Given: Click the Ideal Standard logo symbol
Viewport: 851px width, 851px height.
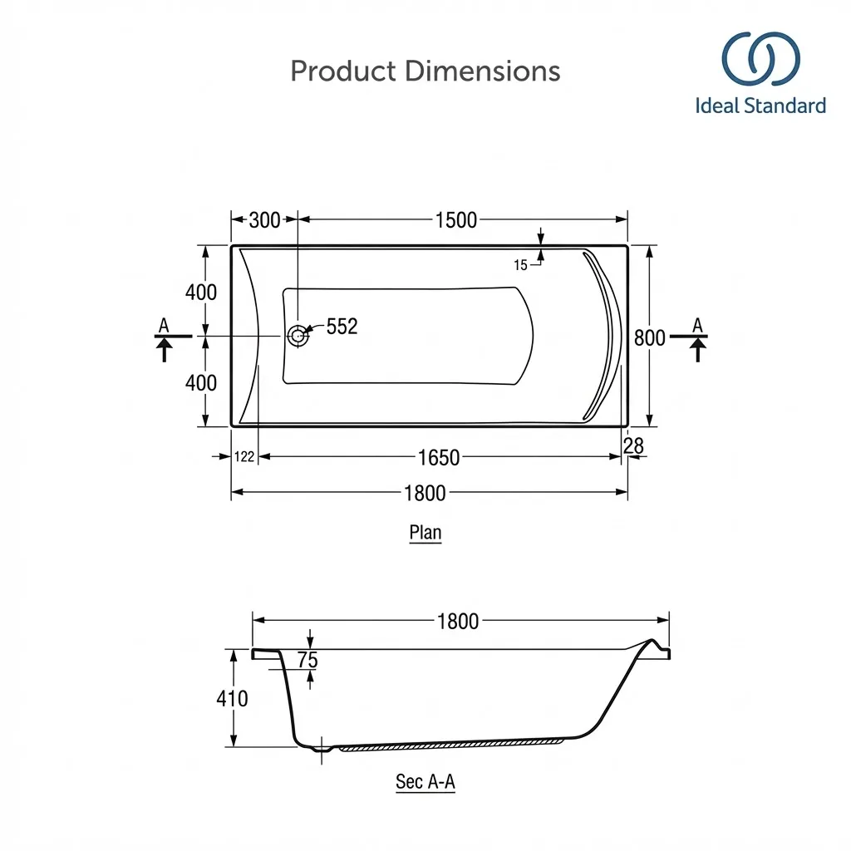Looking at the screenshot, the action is pyautogui.click(x=760, y=59).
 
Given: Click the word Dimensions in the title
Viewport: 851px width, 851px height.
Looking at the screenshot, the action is pyautogui.click(x=483, y=71).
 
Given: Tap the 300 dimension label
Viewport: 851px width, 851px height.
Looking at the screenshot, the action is pyautogui.click(x=264, y=219).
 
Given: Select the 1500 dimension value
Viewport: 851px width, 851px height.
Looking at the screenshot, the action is pyautogui.click(x=456, y=219).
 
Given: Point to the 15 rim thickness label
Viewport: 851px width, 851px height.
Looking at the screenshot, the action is pyautogui.click(x=520, y=265).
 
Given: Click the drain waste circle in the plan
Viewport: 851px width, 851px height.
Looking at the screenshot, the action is pyautogui.click(x=298, y=336).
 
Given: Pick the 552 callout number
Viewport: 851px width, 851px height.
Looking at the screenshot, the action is pyautogui.click(x=342, y=326).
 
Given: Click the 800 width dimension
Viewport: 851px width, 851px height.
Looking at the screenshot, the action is pyautogui.click(x=650, y=337).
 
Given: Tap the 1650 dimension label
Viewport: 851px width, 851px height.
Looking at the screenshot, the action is pyautogui.click(x=439, y=458).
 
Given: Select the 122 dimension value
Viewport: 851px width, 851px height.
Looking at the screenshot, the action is pyautogui.click(x=244, y=456).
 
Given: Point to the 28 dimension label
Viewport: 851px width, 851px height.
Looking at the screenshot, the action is pyautogui.click(x=633, y=445).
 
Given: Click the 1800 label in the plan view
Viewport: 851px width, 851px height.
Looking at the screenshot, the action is pyautogui.click(x=425, y=493).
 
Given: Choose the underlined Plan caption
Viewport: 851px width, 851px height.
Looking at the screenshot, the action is pyautogui.click(x=425, y=533).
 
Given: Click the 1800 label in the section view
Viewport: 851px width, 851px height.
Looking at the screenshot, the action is pyautogui.click(x=458, y=621).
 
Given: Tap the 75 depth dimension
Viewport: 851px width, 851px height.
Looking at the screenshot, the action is pyautogui.click(x=307, y=659).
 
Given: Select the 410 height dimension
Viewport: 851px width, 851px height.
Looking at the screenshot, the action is pyautogui.click(x=233, y=698).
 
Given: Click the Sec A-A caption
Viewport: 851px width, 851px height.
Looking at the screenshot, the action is pyautogui.click(x=425, y=782).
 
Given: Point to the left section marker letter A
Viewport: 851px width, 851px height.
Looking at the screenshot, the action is pyautogui.click(x=164, y=325).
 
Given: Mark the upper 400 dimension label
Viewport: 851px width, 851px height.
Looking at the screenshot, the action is pyautogui.click(x=201, y=292).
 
